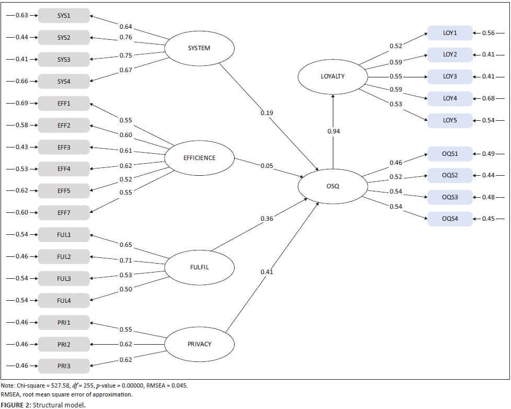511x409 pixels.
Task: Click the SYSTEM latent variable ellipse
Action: click(199, 49)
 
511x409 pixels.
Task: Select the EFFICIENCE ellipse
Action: click(199, 158)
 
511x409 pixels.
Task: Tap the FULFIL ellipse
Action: click(199, 267)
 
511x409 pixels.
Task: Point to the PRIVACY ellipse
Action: click(199, 344)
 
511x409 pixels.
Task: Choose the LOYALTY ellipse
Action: click(333, 77)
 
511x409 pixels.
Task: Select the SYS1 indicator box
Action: click(64, 16)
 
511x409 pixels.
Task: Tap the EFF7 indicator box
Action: click(64, 213)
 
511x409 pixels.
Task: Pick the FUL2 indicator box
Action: click(64, 257)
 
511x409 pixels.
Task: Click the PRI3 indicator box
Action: click(64, 366)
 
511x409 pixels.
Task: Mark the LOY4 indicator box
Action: click(450, 98)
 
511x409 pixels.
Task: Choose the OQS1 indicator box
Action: click(450, 154)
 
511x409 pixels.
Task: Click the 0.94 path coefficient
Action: click(333, 131)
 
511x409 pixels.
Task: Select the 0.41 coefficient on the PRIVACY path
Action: click(267, 272)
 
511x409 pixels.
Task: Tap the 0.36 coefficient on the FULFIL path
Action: click(267, 219)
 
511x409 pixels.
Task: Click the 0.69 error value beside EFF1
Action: click(21, 104)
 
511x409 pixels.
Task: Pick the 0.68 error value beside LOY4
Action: click(488, 98)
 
